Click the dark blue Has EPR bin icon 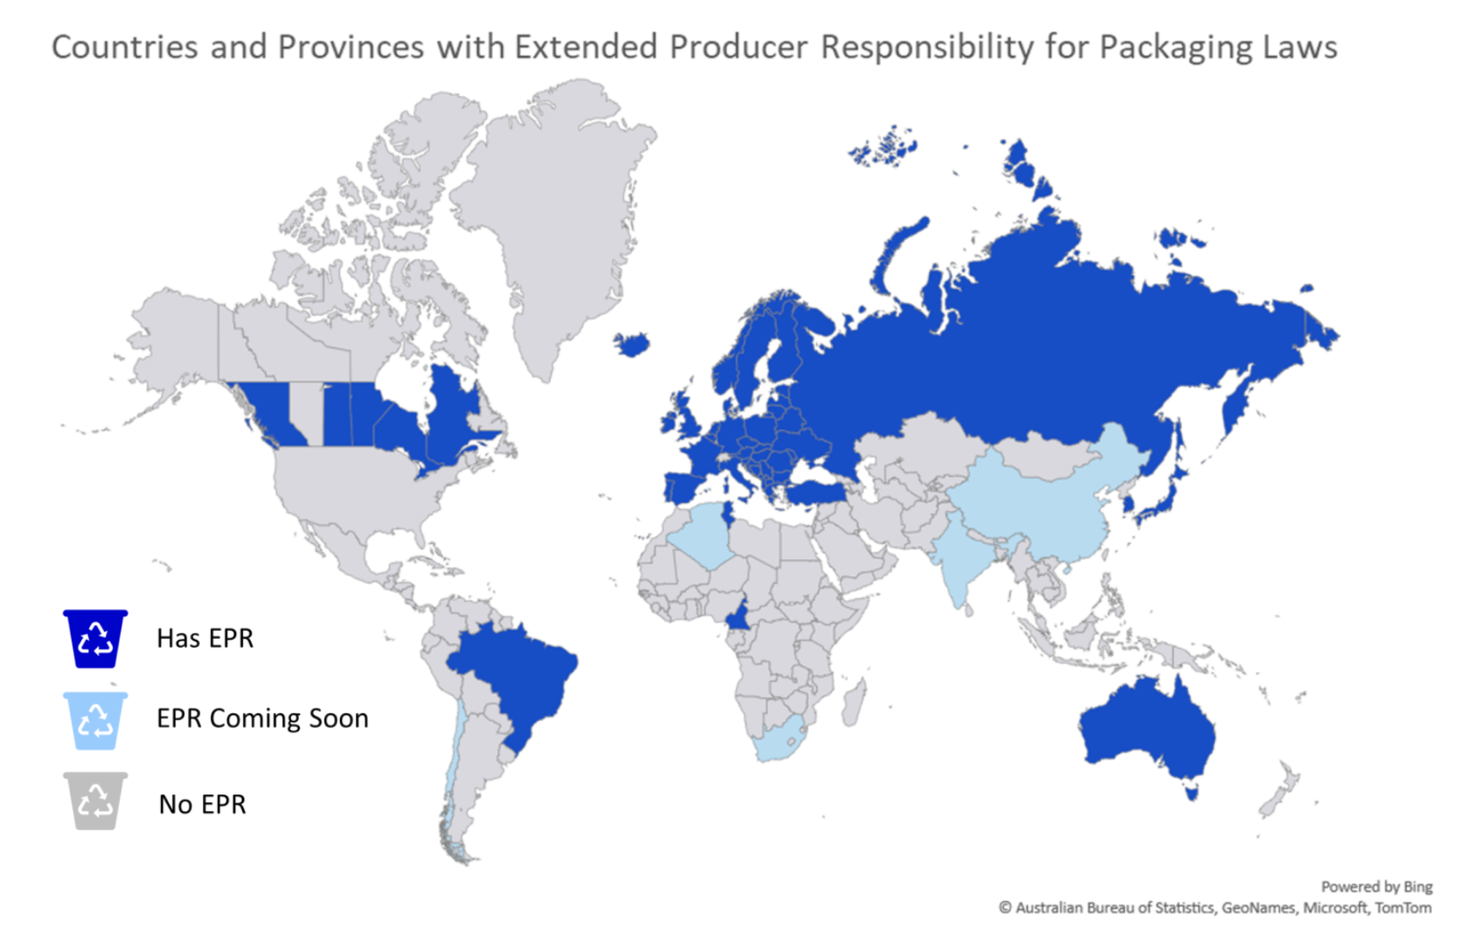95,639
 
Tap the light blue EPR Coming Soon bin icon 95,721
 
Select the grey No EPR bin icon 95,801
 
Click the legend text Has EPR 205,639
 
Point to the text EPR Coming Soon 262,718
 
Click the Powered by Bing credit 1376,887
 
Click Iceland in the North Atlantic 632,344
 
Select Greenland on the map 551,219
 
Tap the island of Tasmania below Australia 1191,793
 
